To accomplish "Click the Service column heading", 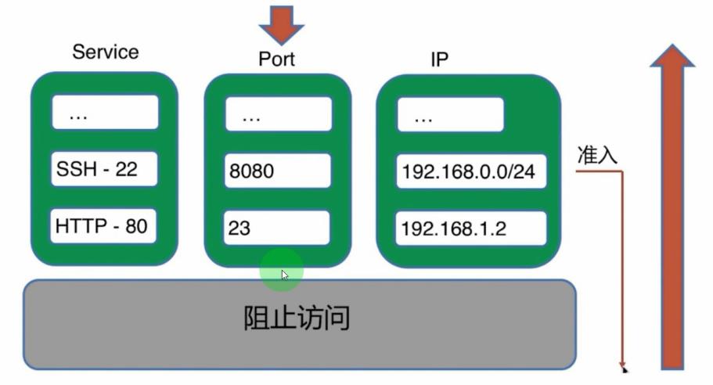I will click(105, 52).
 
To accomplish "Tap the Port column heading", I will click(277, 59).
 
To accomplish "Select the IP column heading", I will click(440, 59).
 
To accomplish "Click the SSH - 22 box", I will click(105, 168).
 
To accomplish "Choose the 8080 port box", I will click(278, 171).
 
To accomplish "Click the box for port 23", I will click(278, 228).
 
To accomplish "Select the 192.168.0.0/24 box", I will click(469, 171).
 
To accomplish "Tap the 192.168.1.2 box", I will click(469, 228).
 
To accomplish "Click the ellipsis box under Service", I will click(105, 113).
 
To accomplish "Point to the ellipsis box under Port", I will click(278, 115).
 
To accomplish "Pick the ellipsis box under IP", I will click(450, 117).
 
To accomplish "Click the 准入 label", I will click(597, 155).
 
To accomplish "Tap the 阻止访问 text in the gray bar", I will click(296, 319).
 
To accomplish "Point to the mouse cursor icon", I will click(285, 275).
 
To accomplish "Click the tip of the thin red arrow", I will click(624, 367).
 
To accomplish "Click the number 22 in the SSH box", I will click(126, 168).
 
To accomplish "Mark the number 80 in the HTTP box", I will click(136, 227).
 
